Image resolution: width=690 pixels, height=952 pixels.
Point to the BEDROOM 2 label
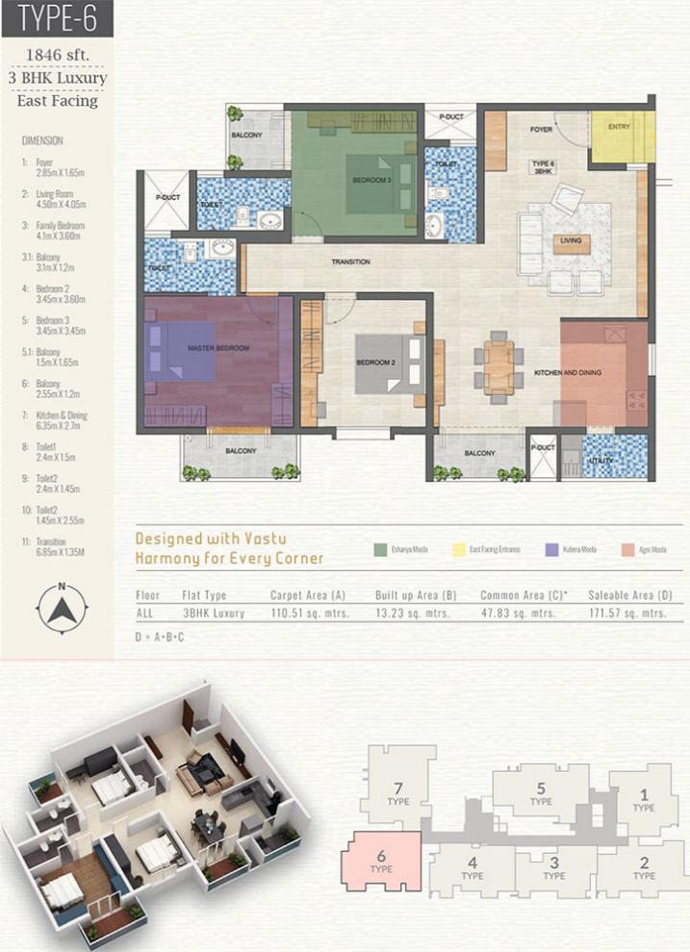(x=375, y=363)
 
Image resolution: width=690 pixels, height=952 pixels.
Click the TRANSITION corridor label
(x=350, y=262)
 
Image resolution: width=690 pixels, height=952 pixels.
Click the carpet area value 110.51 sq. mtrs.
(x=301, y=613)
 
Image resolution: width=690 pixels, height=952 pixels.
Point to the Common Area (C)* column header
(x=521, y=595)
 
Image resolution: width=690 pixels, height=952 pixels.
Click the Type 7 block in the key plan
(x=396, y=791)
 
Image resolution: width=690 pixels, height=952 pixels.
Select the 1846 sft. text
(x=57, y=55)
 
